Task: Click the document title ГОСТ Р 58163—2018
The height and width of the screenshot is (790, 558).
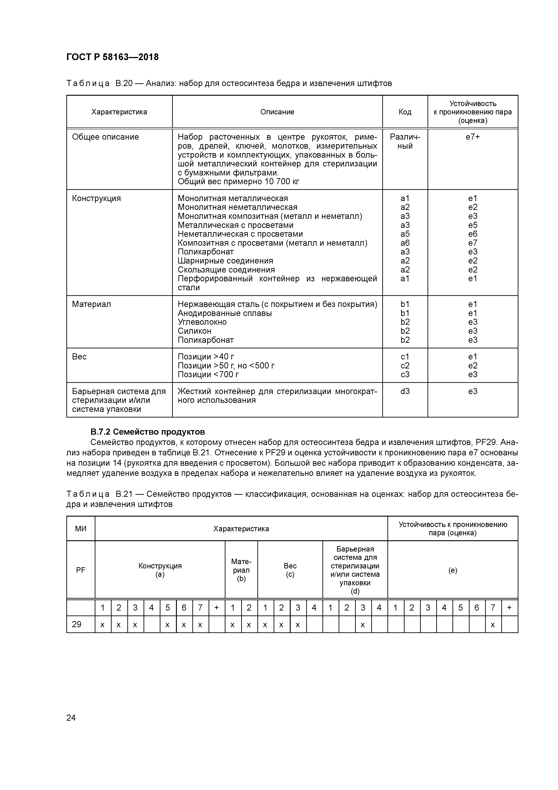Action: click(112, 57)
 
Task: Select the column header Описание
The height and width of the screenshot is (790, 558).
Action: click(277, 112)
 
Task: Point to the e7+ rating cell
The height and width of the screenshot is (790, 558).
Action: click(472, 137)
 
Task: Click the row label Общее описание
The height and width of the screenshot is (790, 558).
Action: click(105, 137)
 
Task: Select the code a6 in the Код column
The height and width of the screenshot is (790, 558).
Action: click(405, 243)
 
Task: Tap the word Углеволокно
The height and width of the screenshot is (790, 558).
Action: click(202, 322)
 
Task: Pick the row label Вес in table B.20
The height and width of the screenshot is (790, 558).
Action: click(79, 357)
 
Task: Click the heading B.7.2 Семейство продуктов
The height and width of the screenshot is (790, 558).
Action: click(148, 431)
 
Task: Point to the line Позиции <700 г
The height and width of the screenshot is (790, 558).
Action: click(208, 374)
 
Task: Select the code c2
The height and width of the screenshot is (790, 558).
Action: click(405, 365)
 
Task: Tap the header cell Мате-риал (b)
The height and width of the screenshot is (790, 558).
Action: click(241, 570)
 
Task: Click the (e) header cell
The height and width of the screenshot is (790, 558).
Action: click(452, 570)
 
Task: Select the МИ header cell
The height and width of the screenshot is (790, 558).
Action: click(81, 529)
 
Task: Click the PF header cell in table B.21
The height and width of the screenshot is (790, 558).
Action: click(81, 570)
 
